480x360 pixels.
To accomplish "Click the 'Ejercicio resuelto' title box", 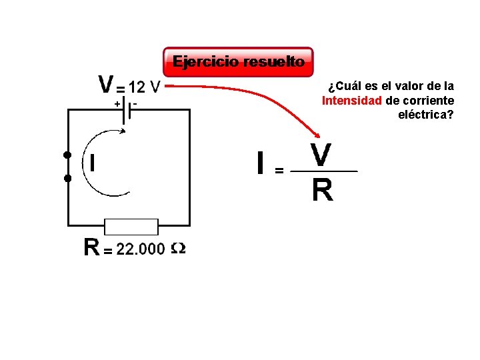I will click(238, 62).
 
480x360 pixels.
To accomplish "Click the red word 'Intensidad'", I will click(351, 101).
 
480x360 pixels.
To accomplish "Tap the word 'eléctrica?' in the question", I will click(426, 115).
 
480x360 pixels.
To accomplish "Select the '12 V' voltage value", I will click(144, 87).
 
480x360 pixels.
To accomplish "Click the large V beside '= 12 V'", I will click(106, 85).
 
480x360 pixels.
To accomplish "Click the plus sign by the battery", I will click(117, 104).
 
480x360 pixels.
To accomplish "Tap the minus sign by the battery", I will click(135, 103).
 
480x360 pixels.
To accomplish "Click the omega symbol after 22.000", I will click(178, 249).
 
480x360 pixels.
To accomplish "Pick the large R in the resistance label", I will click(91, 248).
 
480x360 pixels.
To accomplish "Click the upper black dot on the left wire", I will click(67, 155).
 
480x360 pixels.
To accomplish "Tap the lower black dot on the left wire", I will click(67, 179).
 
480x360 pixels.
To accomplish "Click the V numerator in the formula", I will click(322, 155).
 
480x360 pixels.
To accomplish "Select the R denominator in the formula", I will click(323, 191).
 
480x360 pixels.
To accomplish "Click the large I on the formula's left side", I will click(262, 163).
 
